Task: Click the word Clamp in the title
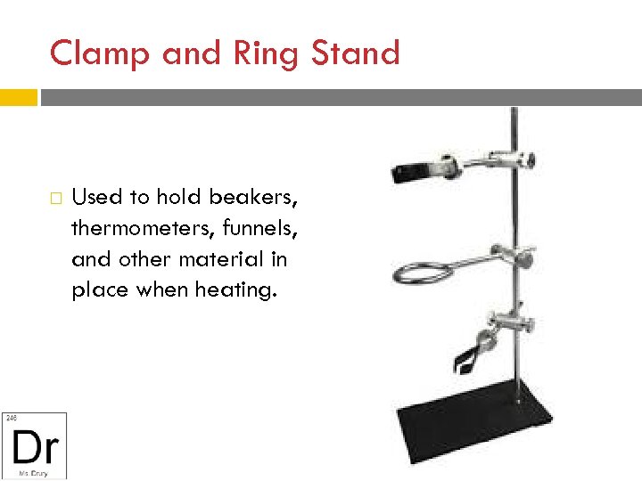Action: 98,53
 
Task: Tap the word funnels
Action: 266,228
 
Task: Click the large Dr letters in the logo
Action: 35,443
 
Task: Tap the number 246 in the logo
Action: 12,417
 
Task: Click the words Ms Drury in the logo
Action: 33,471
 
